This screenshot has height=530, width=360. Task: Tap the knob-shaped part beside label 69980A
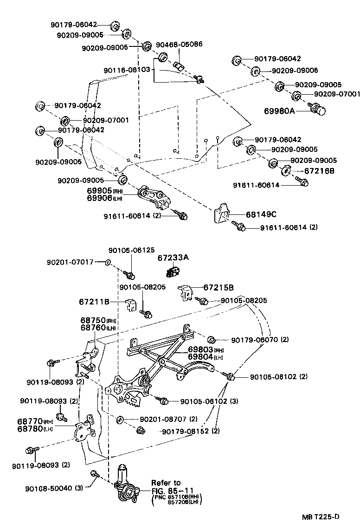[318, 110]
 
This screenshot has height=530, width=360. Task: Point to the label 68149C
[261, 214]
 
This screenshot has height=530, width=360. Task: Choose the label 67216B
[319, 171]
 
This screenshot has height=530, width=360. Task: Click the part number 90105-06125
[132, 250]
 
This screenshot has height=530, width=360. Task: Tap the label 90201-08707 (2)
[168, 419]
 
